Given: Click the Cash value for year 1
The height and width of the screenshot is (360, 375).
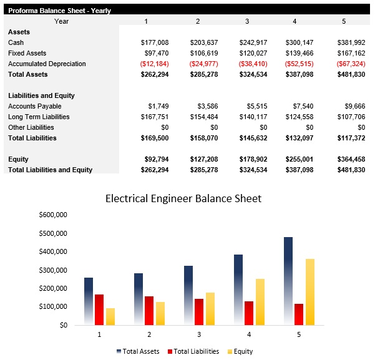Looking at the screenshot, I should point(155,42).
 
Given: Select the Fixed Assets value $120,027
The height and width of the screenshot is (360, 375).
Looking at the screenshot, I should point(253,53).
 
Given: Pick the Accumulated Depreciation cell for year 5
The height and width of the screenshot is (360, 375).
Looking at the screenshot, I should point(351,64).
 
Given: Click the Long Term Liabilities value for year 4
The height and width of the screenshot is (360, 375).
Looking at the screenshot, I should point(300,117).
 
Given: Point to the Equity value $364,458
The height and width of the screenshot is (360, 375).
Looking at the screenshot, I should point(351,159).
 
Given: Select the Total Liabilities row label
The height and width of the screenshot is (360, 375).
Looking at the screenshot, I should point(32,138).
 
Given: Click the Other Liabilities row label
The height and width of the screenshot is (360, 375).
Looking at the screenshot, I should point(31,127).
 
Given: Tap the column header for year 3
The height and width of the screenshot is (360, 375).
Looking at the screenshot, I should point(246,21).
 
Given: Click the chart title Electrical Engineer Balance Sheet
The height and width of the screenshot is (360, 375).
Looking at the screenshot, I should point(183,199).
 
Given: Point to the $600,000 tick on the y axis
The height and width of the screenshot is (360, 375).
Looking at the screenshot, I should point(53,215).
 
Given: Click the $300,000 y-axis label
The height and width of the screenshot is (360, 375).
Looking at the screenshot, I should point(53,270).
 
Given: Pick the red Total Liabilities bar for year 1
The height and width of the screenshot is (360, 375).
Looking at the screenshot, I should point(99,309).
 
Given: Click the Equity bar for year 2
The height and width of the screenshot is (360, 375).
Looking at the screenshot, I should point(160,313).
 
